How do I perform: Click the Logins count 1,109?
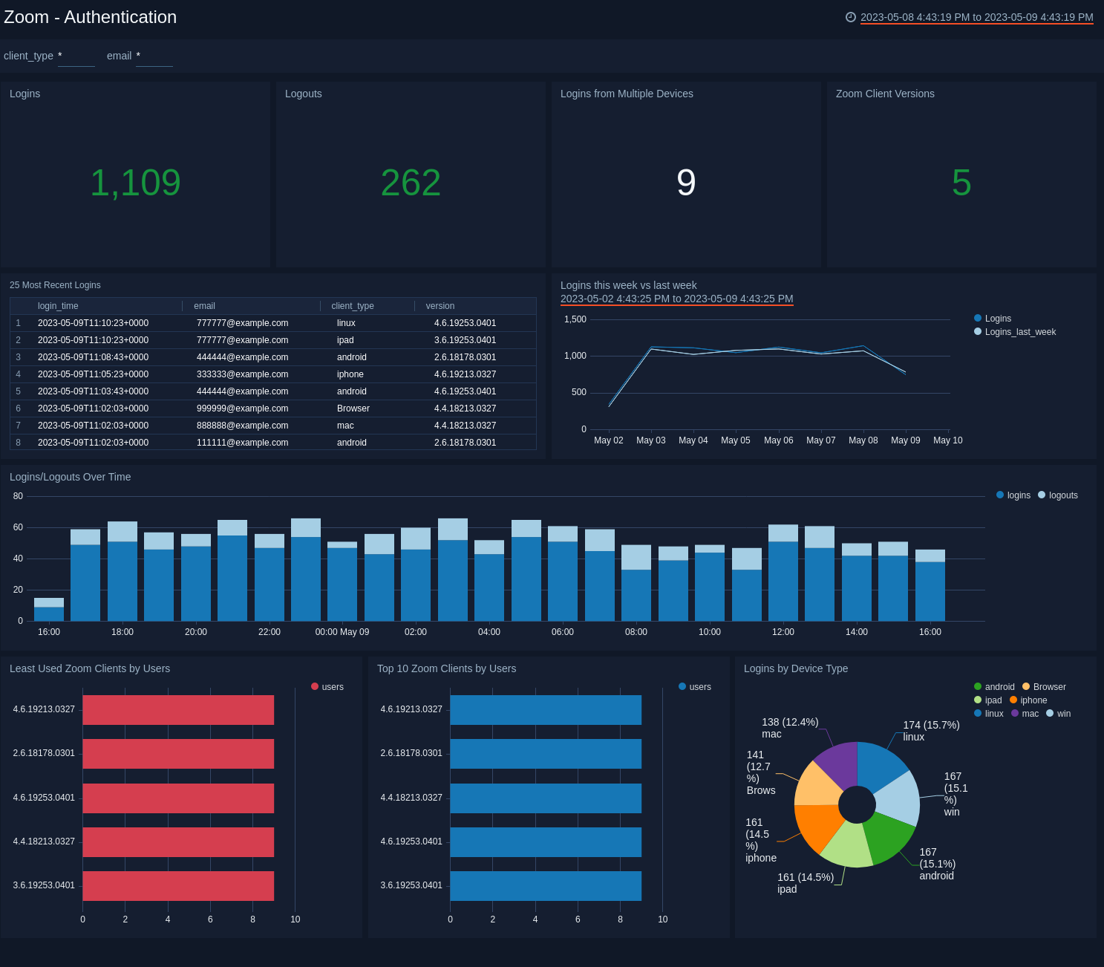tap(135, 183)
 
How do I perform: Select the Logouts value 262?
tap(411, 183)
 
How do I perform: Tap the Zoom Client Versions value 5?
tap(961, 183)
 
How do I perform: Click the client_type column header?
tap(353, 306)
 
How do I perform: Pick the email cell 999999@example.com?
tap(242, 408)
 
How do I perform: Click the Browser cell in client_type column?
tap(353, 408)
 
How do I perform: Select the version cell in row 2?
tap(465, 340)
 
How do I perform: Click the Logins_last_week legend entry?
tap(1019, 332)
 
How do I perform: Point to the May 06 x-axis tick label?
tap(778, 440)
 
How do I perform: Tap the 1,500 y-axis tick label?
tap(575, 319)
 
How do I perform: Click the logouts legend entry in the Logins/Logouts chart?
tap(1062, 495)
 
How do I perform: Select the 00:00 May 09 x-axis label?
tap(342, 632)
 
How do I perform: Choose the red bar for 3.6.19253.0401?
tap(178, 886)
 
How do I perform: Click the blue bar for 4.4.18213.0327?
tap(546, 798)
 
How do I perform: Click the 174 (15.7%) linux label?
tap(931, 731)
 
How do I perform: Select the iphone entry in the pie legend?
tap(1033, 700)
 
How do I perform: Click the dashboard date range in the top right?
tap(976, 17)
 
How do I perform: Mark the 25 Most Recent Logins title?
tap(55, 285)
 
